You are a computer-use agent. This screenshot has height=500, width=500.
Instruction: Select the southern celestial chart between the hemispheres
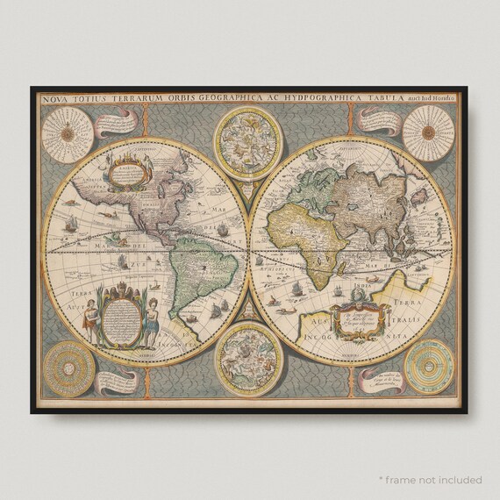250,360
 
